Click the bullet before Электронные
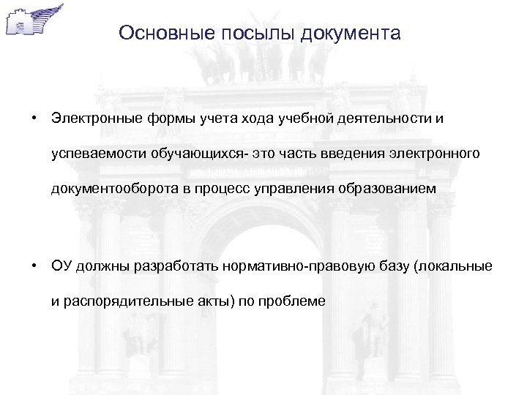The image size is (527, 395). [34, 118]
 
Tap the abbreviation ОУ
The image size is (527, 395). [60, 266]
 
